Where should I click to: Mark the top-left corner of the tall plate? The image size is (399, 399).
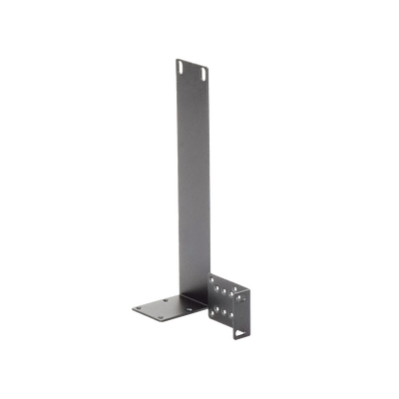pos(175,58)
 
